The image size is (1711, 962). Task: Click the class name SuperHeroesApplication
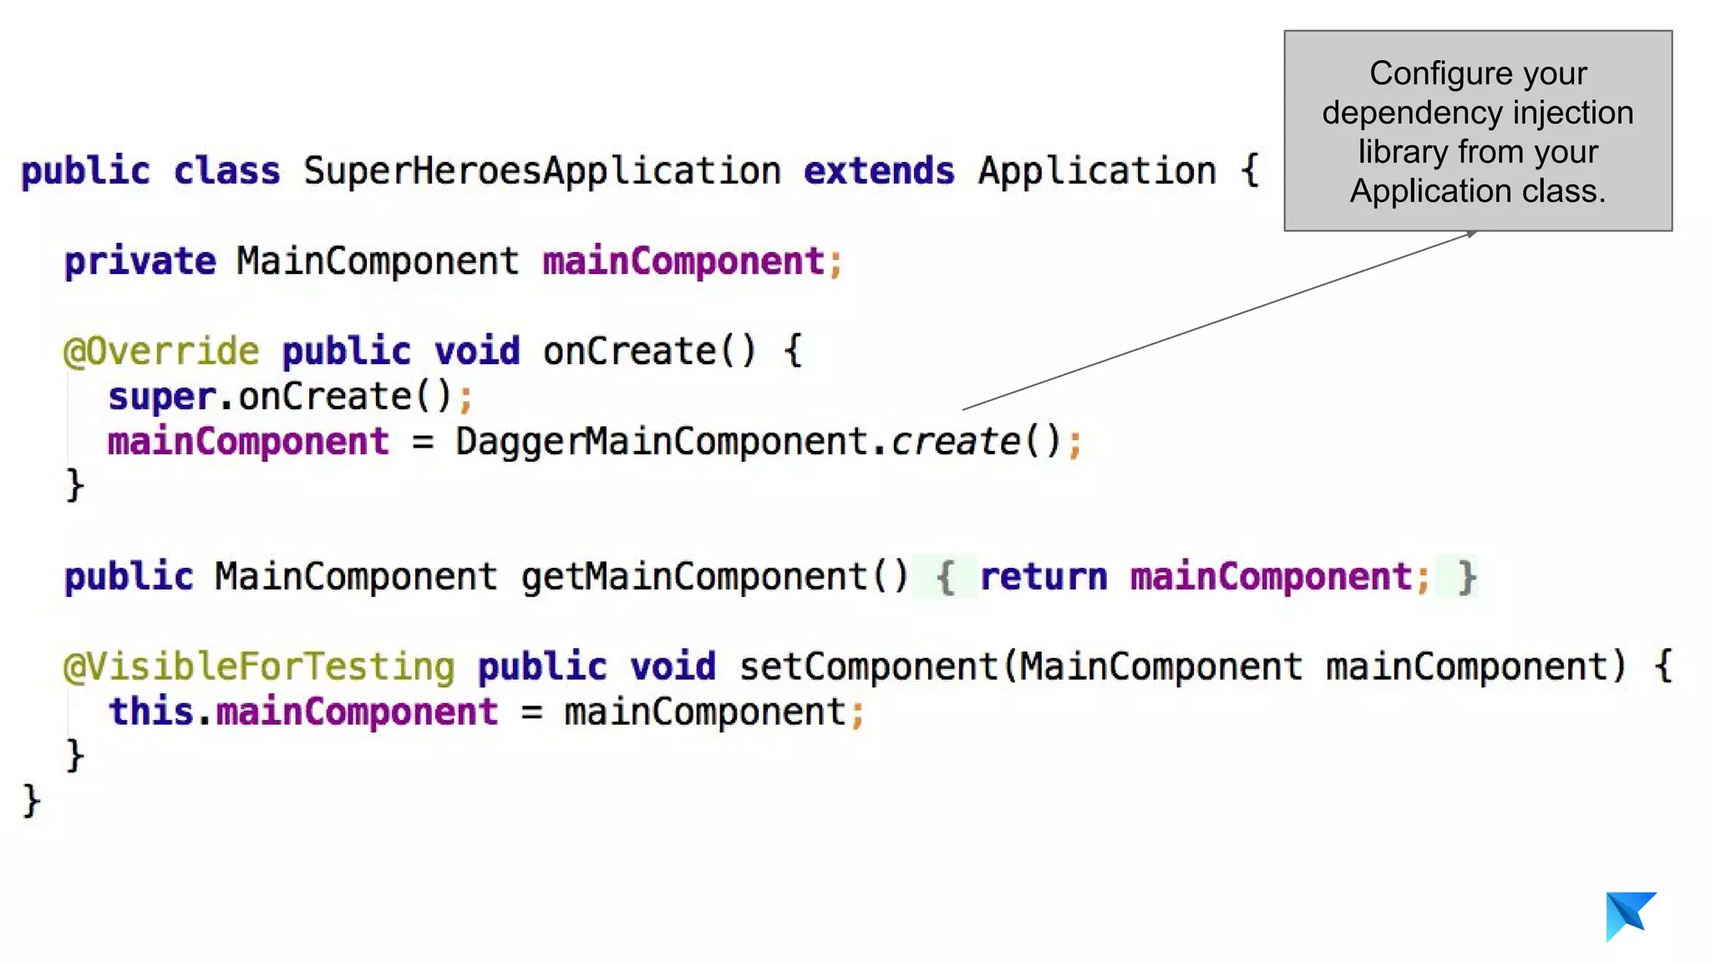tap(542, 171)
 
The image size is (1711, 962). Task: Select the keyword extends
tap(879, 171)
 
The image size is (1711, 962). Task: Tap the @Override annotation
tap(161, 352)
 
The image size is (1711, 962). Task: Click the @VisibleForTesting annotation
tap(259, 667)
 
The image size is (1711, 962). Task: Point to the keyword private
tap(140, 261)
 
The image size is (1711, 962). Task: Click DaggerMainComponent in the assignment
tap(662, 442)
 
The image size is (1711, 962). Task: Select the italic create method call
tap(956, 442)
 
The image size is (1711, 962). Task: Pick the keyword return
tap(1043, 577)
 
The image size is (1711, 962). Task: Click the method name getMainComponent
tap(694, 577)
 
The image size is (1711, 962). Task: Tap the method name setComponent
tap(869, 667)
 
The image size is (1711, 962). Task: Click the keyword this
tap(150, 712)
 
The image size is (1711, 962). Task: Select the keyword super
tap(162, 397)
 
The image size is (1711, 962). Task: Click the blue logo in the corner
tap(1629, 915)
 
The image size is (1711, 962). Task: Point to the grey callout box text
tap(1477, 132)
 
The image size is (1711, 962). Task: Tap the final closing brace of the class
tap(31, 802)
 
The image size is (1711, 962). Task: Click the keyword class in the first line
tap(226, 171)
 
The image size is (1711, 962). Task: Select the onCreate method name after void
tap(629, 352)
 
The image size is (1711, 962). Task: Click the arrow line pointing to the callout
tap(1220, 321)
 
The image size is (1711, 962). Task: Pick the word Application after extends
tap(1097, 171)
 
